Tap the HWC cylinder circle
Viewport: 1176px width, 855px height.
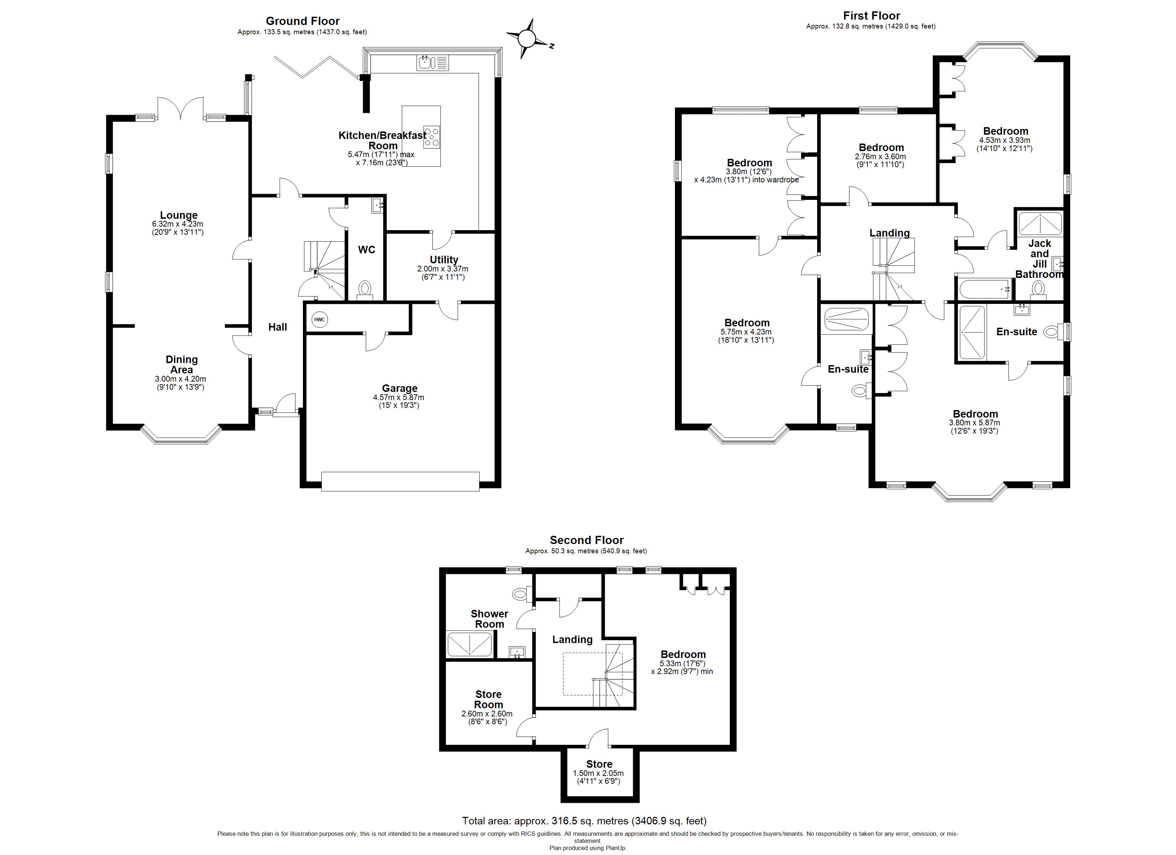(x=319, y=320)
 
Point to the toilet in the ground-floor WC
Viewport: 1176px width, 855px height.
(x=365, y=288)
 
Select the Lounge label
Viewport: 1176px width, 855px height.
(x=179, y=215)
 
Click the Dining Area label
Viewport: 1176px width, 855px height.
(x=181, y=364)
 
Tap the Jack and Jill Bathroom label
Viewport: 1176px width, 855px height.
(x=1039, y=258)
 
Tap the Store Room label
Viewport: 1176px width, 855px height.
(x=489, y=699)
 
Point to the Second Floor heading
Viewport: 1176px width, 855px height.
(x=587, y=540)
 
